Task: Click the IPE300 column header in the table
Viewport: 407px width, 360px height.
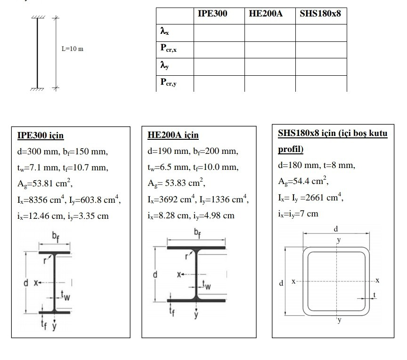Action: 212,14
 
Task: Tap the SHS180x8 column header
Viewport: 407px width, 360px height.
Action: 320,14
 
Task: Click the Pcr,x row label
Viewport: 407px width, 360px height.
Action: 169,48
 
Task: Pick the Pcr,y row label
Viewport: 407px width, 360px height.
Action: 169,83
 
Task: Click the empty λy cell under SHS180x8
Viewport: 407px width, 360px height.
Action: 321,66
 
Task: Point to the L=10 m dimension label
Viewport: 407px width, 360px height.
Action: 73,49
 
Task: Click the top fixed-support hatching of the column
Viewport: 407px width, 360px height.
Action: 38,17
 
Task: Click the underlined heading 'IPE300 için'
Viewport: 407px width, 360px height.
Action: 40,136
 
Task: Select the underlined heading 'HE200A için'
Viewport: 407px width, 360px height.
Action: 173,136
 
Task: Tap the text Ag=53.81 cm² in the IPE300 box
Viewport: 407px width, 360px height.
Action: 45,184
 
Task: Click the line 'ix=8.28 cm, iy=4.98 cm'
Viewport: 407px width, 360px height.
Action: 191,216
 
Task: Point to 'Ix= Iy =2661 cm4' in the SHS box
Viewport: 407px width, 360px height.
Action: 310,197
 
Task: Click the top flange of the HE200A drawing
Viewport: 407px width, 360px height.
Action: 196,247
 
